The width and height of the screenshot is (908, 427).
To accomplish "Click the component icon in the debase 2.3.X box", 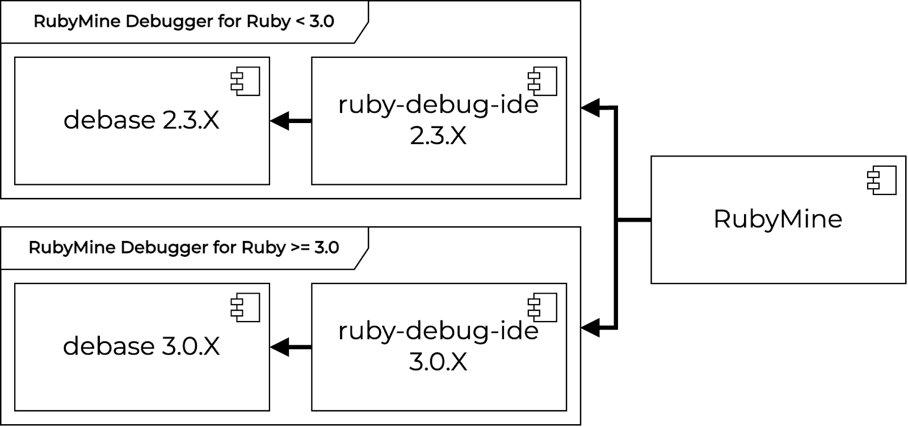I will [245, 81].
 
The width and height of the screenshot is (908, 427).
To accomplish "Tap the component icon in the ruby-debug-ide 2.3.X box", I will [543, 81].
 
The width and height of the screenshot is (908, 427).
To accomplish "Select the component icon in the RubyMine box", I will [882, 180].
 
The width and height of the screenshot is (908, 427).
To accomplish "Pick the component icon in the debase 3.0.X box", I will [245, 307].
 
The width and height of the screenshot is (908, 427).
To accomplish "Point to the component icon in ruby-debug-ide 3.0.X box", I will [543, 307].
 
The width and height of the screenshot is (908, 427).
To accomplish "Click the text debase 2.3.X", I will [141, 120].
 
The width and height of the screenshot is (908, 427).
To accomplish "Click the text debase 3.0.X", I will [141, 346].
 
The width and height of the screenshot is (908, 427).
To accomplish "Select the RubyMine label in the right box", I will [777, 219].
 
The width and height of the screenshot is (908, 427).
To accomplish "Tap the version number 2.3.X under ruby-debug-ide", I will [438, 136].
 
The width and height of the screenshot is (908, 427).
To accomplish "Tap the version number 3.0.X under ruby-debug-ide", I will [438, 362].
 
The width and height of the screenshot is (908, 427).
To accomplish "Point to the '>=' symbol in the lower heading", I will [300, 248].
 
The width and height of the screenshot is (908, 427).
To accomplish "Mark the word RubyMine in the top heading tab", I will [77, 22].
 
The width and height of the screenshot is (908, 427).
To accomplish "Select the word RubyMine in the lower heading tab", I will [72, 248].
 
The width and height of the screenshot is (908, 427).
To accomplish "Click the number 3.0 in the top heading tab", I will [322, 22].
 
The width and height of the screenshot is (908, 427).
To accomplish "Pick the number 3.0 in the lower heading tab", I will [326, 248].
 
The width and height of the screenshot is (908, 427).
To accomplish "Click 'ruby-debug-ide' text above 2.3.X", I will [438, 105].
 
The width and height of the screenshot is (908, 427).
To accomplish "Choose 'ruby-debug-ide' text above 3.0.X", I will [438, 331].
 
